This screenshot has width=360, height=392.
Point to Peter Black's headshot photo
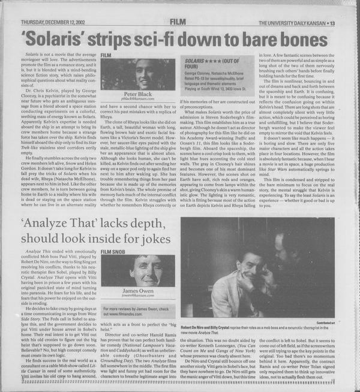click(139, 74)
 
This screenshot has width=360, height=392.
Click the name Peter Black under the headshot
click(138, 94)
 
